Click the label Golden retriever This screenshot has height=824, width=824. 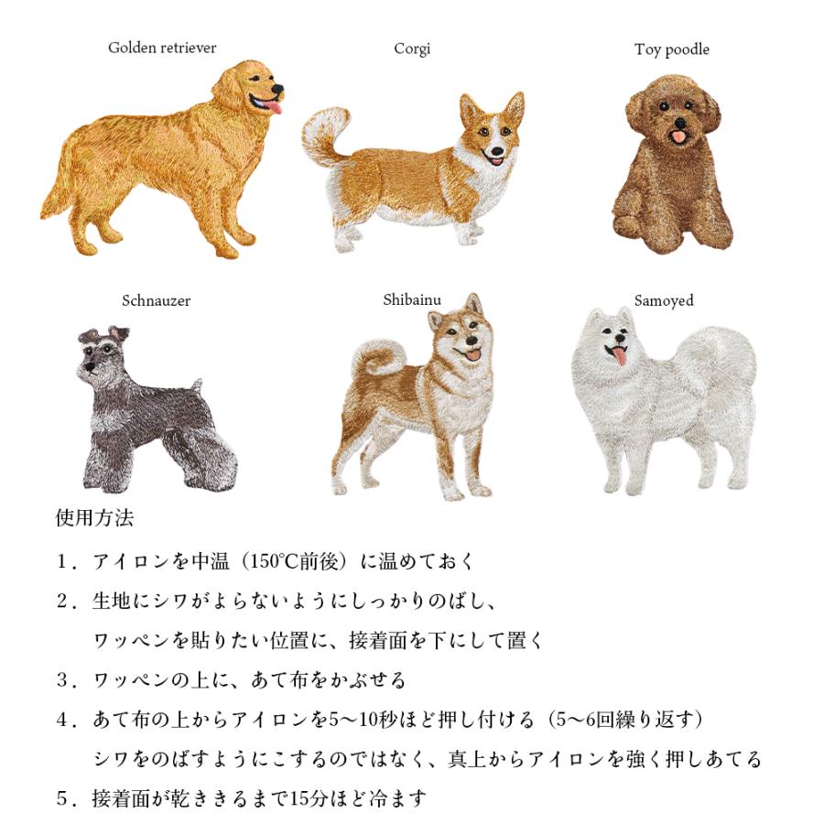tap(162, 48)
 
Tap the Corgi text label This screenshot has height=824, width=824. tap(412, 49)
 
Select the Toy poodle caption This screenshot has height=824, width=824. tap(671, 49)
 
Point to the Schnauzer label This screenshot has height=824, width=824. tap(157, 300)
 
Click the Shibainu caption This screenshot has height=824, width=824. tap(411, 299)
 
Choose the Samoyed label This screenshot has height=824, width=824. tap(664, 300)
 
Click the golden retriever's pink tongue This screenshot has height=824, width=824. tap(272, 108)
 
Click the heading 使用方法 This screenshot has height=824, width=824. tap(94, 518)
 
